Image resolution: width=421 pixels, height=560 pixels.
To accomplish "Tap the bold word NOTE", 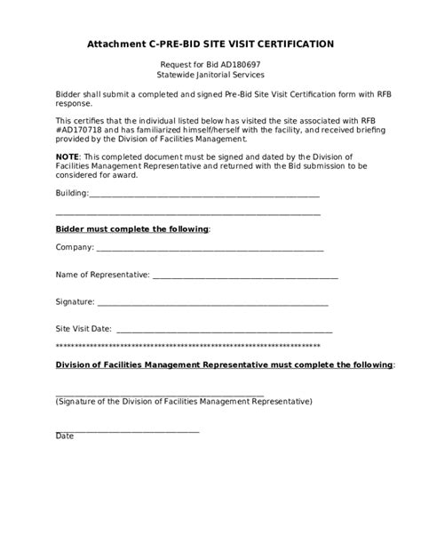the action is (x=68, y=156).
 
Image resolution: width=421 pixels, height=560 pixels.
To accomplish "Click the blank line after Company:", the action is (x=210, y=250).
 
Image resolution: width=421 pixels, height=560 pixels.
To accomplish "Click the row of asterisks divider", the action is (x=188, y=345).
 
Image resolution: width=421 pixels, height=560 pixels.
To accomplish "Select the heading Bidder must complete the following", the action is (x=132, y=229).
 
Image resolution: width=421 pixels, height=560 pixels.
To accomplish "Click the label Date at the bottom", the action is (x=65, y=436).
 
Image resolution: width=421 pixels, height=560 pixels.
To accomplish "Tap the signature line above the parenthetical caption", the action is (x=160, y=395).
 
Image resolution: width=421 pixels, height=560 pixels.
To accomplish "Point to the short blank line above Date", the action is (x=127, y=430).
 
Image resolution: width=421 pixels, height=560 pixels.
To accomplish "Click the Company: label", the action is (x=75, y=249).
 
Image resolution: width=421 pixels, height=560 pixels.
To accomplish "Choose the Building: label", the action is (x=72, y=193).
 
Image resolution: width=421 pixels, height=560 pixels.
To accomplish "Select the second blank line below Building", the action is (x=188, y=213).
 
